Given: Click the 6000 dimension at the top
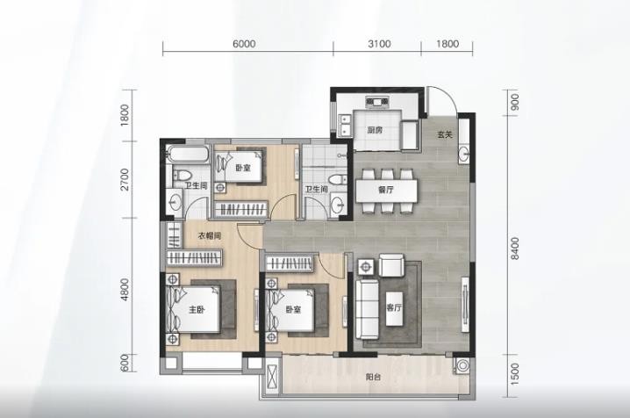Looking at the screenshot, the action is [244, 43].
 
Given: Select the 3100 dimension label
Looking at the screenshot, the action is [379, 43].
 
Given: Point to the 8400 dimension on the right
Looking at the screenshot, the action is [515, 248].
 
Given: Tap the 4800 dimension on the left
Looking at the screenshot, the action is [125, 289].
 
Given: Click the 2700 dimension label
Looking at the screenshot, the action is [125, 179].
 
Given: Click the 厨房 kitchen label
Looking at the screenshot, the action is [375, 130].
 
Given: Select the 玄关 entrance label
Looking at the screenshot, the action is [445, 134].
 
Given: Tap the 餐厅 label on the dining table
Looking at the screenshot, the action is [386, 190].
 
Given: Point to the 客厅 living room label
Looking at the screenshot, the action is [394, 308].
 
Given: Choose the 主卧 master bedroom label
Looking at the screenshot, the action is [197, 310].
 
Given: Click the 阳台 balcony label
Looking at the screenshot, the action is [373, 378].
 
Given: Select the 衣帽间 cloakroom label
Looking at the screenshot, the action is [210, 236].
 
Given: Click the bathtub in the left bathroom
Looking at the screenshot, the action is [188, 155].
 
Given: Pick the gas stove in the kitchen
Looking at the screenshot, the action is [377, 102].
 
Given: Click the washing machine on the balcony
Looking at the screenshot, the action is [463, 365].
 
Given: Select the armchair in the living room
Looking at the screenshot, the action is [391, 265].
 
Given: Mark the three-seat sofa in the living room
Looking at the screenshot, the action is [368, 309].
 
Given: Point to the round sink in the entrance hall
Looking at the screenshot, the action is [464, 153].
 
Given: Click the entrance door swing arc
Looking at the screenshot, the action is [451, 97].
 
